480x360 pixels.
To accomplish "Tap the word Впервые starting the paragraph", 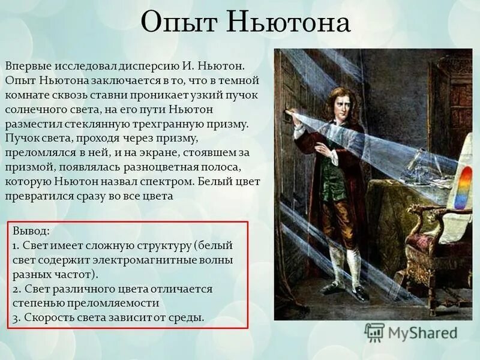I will (27, 64).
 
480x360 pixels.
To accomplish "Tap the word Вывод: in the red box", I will (31, 230).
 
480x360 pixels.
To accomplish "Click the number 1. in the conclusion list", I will (15, 245).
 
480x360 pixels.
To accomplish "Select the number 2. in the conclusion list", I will (16, 289).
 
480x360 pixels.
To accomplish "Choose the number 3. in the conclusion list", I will (16, 317).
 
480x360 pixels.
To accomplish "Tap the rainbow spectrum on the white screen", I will (463, 187).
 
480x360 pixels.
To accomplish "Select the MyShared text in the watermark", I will (422, 333).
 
